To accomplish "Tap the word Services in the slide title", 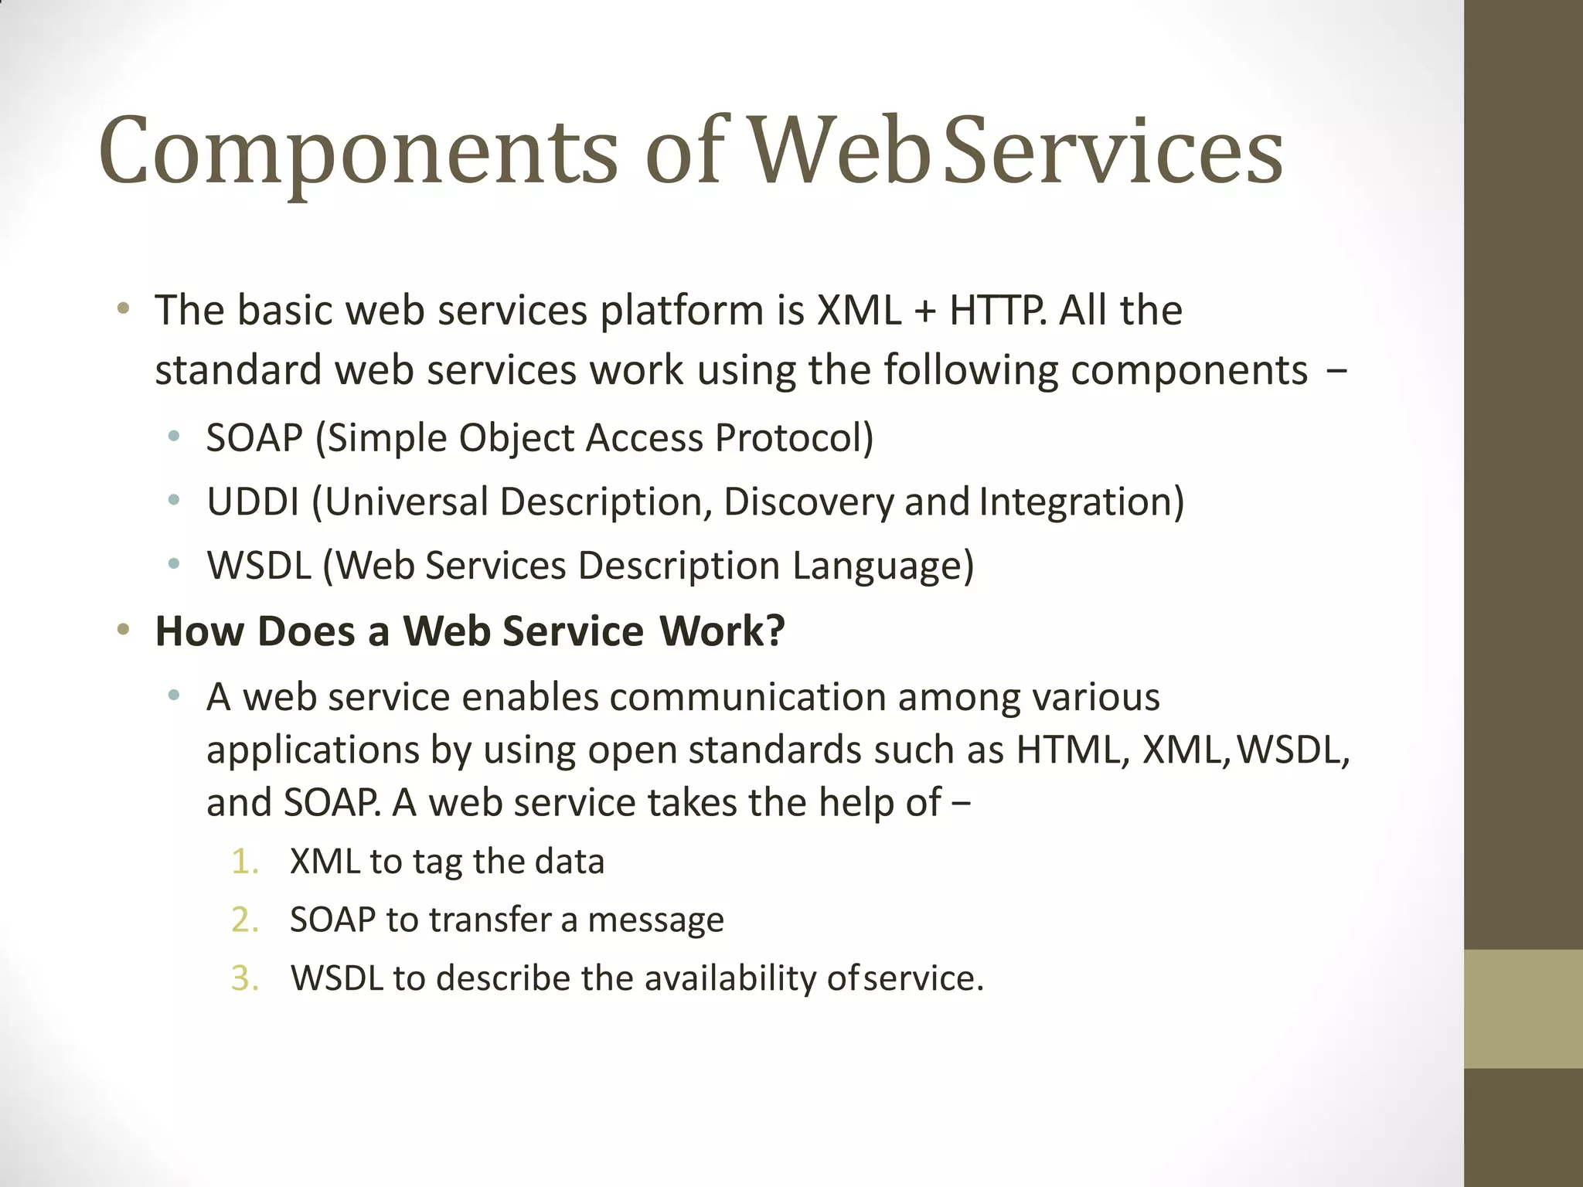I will [x=1112, y=151].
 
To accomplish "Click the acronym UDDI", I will [x=253, y=502].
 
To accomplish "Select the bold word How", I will [x=199, y=631].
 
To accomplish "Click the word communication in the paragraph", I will [x=747, y=697].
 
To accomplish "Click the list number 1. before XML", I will [x=244, y=862].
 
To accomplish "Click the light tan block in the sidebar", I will [x=1523, y=1008].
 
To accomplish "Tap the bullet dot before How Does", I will [x=123, y=631].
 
